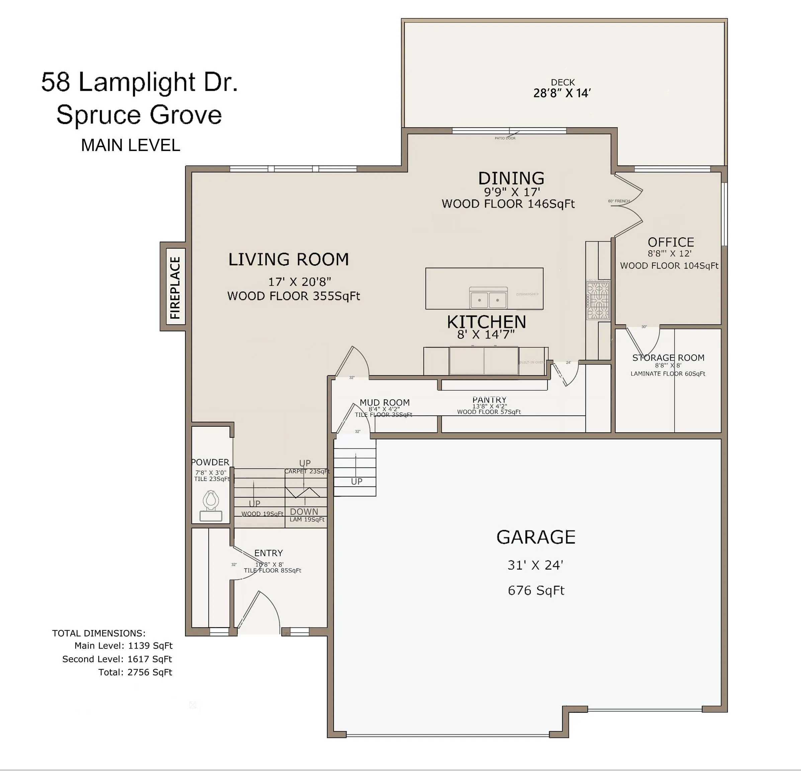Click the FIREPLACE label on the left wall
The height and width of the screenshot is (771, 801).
pos(175,287)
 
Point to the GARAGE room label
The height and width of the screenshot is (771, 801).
pos(536,537)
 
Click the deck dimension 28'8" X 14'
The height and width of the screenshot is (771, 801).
pos(562,94)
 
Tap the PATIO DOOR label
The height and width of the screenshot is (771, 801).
pos(505,139)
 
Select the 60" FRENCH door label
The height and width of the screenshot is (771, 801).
pos(619,201)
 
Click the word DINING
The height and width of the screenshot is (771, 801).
pos(511,179)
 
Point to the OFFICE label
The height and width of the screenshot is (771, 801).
pos(671,242)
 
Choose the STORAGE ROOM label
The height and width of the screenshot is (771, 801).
pos(668,358)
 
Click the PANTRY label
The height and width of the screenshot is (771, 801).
pos(489,400)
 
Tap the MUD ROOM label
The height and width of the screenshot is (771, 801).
pos(384,403)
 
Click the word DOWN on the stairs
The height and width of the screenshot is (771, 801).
pos(304,512)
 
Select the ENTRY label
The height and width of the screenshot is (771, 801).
pos(268,553)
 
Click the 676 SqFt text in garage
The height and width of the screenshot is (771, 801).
pos(536,591)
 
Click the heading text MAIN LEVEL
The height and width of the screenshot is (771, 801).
pos(130,146)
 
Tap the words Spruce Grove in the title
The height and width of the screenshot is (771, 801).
pos(139,115)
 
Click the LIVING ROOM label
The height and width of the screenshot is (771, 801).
pos(288,260)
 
